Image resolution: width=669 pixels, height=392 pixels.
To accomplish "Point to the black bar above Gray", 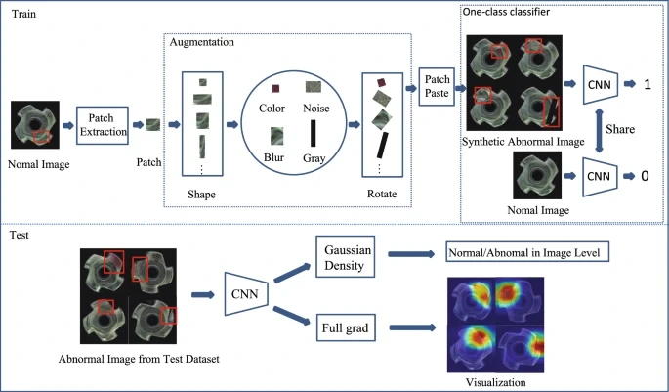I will click(314, 134).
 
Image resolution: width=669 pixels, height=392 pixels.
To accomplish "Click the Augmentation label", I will click(202, 44).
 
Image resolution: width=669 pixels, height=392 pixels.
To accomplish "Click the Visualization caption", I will click(498, 382).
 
